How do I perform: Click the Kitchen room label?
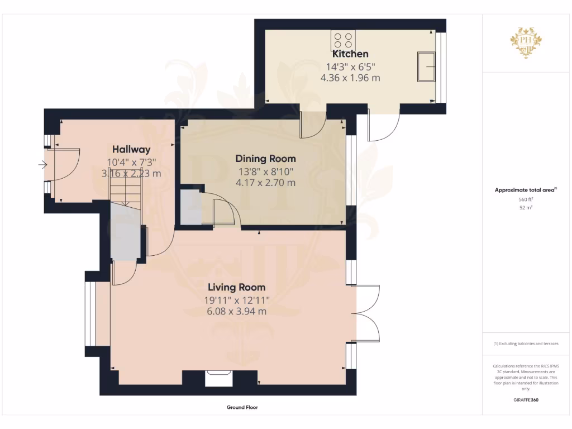coord(350,54)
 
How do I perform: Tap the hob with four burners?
coord(343,39)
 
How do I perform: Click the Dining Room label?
coord(265,159)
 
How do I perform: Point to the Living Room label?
coord(236,288)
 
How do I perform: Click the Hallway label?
coord(131,149)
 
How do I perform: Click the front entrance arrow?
coord(42,164)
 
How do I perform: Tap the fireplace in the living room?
coord(219,378)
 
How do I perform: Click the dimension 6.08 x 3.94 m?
coord(236,311)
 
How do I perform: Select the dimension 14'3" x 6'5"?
coord(350,66)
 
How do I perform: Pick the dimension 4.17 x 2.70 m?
coord(265,183)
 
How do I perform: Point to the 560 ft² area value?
coord(526,199)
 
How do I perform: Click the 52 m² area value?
coord(526,207)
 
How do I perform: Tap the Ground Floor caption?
coord(242,407)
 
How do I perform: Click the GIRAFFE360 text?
coord(526,400)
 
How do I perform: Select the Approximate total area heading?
coord(525,190)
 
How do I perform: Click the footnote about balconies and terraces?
coord(526,344)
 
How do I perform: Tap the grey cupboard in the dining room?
coord(190,208)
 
